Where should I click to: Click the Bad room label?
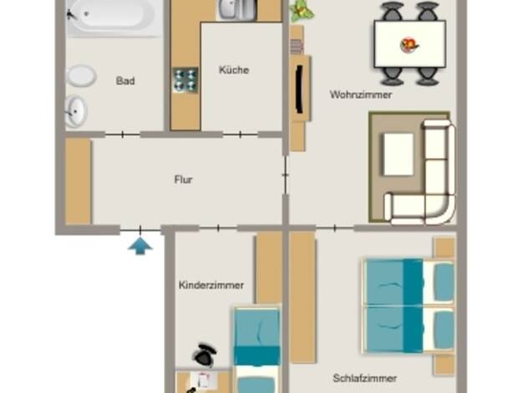tap(125, 81)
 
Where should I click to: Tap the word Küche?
tap(234, 69)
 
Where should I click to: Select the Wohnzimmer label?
tap(361, 94)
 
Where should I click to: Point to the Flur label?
tap(184, 180)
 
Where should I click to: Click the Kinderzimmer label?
tap(211, 285)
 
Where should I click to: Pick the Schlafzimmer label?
tap(365, 378)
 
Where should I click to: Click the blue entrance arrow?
tap(140, 246)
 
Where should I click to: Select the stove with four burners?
tap(185, 80)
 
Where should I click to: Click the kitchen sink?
tap(236, 9)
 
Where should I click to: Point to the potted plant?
tap(302, 11)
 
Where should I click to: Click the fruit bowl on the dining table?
tap(409, 45)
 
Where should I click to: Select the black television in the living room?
tap(300, 89)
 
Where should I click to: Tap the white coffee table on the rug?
tap(399, 154)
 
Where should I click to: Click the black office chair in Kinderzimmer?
tap(205, 355)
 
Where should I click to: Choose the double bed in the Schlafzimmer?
tap(409, 305)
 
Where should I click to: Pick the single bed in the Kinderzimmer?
tap(256, 350)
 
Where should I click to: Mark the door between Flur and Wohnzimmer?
tap(285, 175)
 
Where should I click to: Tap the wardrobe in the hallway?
tap(78, 181)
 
